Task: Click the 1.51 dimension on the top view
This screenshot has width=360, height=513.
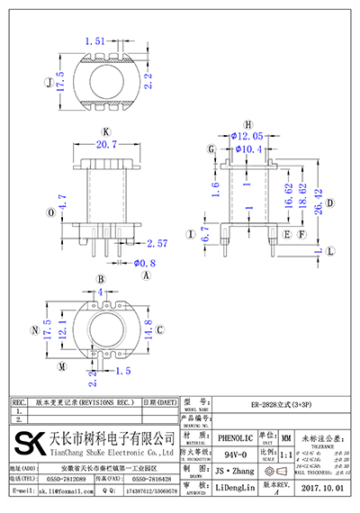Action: [x=94, y=41]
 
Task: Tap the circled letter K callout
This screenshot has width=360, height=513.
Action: [x=106, y=131]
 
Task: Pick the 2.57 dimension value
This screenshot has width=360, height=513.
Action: [x=157, y=243]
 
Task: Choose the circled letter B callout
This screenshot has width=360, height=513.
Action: [x=101, y=280]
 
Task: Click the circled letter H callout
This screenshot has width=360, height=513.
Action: [x=247, y=123]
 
